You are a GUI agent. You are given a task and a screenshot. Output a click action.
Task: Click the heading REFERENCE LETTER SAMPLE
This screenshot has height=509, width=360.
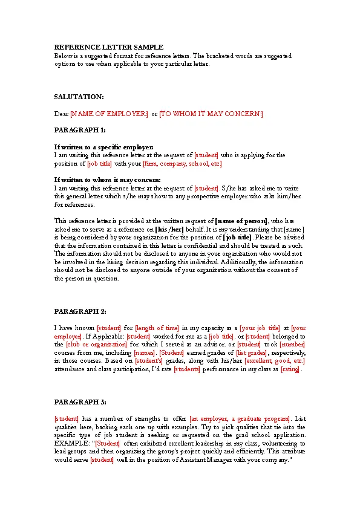click(109, 47)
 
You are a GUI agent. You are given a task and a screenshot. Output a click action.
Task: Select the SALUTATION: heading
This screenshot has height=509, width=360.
click(79, 97)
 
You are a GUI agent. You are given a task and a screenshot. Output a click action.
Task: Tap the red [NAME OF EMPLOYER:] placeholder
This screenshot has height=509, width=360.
click(109, 113)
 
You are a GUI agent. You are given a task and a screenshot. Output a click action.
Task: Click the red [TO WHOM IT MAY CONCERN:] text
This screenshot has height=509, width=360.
click(211, 113)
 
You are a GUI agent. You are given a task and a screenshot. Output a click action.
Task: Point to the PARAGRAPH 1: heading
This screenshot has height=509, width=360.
click(80, 130)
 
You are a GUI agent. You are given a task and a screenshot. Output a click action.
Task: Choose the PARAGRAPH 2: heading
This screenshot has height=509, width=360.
click(80, 311)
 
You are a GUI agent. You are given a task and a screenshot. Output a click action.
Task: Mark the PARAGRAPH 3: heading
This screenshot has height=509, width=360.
click(80, 402)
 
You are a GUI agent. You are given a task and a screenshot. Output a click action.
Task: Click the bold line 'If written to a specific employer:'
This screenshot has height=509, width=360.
click(104, 147)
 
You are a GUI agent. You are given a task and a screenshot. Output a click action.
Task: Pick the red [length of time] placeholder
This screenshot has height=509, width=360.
click(157, 328)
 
